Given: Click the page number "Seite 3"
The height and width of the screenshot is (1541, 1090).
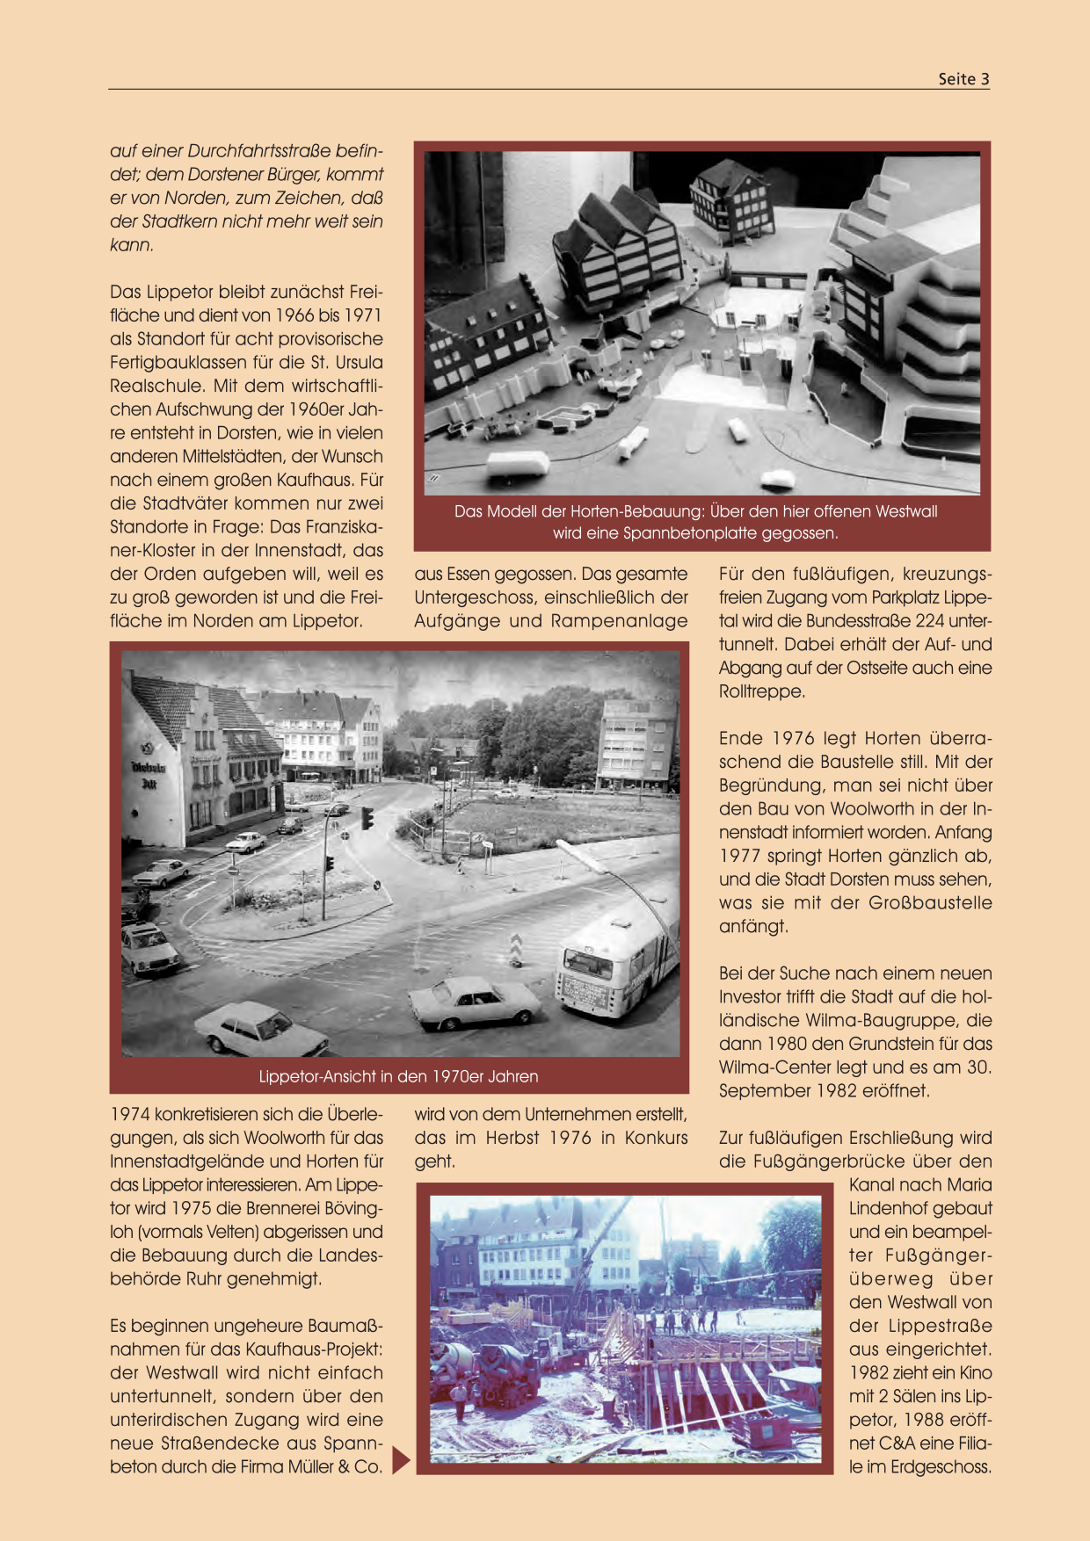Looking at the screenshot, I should tap(963, 79).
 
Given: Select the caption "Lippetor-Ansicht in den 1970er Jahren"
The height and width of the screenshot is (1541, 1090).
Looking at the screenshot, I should tap(398, 1076).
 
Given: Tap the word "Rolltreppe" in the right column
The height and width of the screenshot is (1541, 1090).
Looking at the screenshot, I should tap(761, 691).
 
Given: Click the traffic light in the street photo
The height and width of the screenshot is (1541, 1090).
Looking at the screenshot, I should tap(367, 818).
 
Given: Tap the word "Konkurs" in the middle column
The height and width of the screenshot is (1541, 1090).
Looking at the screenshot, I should tap(656, 1138).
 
